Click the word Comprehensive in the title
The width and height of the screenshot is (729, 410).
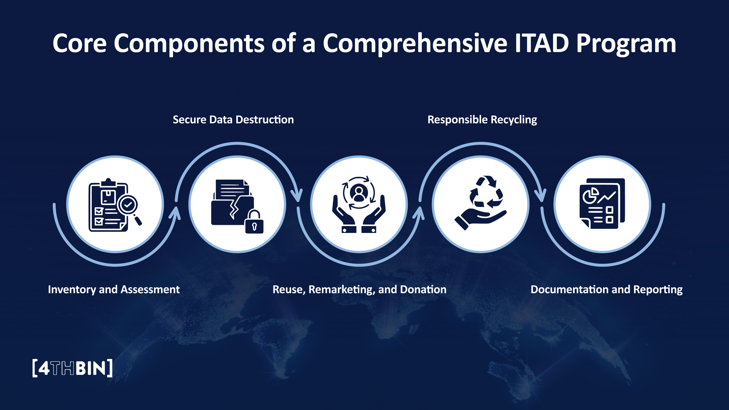click(x=415, y=43)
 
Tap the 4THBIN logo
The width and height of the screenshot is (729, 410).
click(x=73, y=368)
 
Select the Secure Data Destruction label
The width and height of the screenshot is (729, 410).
click(x=233, y=120)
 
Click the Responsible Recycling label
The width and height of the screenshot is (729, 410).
click(x=482, y=120)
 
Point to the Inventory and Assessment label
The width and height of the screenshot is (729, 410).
click(x=114, y=290)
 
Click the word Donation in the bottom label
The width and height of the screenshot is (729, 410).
click(x=423, y=290)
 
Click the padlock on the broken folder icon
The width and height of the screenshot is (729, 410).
click(x=254, y=223)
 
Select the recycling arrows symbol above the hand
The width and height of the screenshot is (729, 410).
click(x=486, y=193)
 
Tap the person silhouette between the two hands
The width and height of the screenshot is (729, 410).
click(x=359, y=193)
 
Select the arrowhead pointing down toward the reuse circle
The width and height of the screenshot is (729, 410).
click(x=296, y=196)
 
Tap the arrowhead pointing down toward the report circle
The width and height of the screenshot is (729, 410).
click(x=541, y=196)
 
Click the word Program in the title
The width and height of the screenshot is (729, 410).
click(x=626, y=43)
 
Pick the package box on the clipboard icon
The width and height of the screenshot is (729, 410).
click(x=108, y=197)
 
